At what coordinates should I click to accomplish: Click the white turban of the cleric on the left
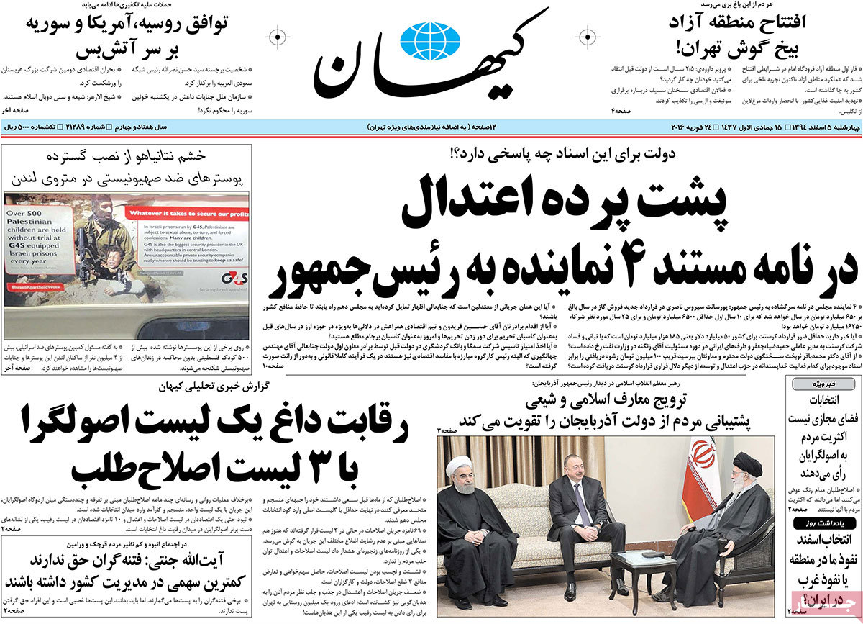(460, 466)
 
